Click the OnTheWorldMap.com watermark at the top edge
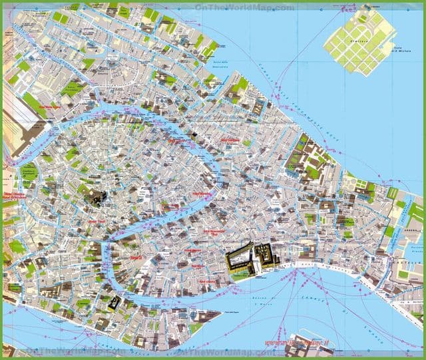click(x=244, y=7)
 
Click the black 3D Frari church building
click(x=98, y=198)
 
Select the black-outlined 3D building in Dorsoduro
click(x=115, y=303)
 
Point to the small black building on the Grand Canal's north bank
click(x=194, y=136)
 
